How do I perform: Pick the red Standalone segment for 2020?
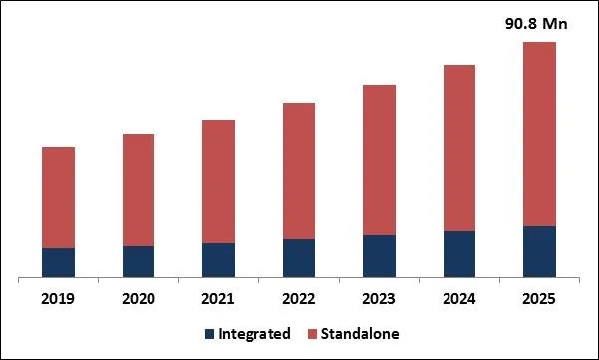[x=139, y=189]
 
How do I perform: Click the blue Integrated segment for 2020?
[x=139, y=261]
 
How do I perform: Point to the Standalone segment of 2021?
[x=218, y=181]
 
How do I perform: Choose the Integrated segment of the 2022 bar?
[x=299, y=257]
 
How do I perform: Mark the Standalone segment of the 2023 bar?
[x=379, y=160]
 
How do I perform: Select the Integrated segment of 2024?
[x=459, y=253]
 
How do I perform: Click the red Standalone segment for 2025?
[x=539, y=134]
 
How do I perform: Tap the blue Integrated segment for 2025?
[x=539, y=251]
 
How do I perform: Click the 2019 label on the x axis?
[x=58, y=298]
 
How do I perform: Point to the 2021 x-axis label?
[x=218, y=298]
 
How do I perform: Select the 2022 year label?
[x=299, y=298]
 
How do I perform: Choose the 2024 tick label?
[x=459, y=298]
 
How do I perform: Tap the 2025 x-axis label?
[x=539, y=298]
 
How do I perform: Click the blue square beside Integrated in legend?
[x=209, y=334]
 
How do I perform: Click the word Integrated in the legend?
[x=256, y=334]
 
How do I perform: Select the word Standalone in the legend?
[x=359, y=334]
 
